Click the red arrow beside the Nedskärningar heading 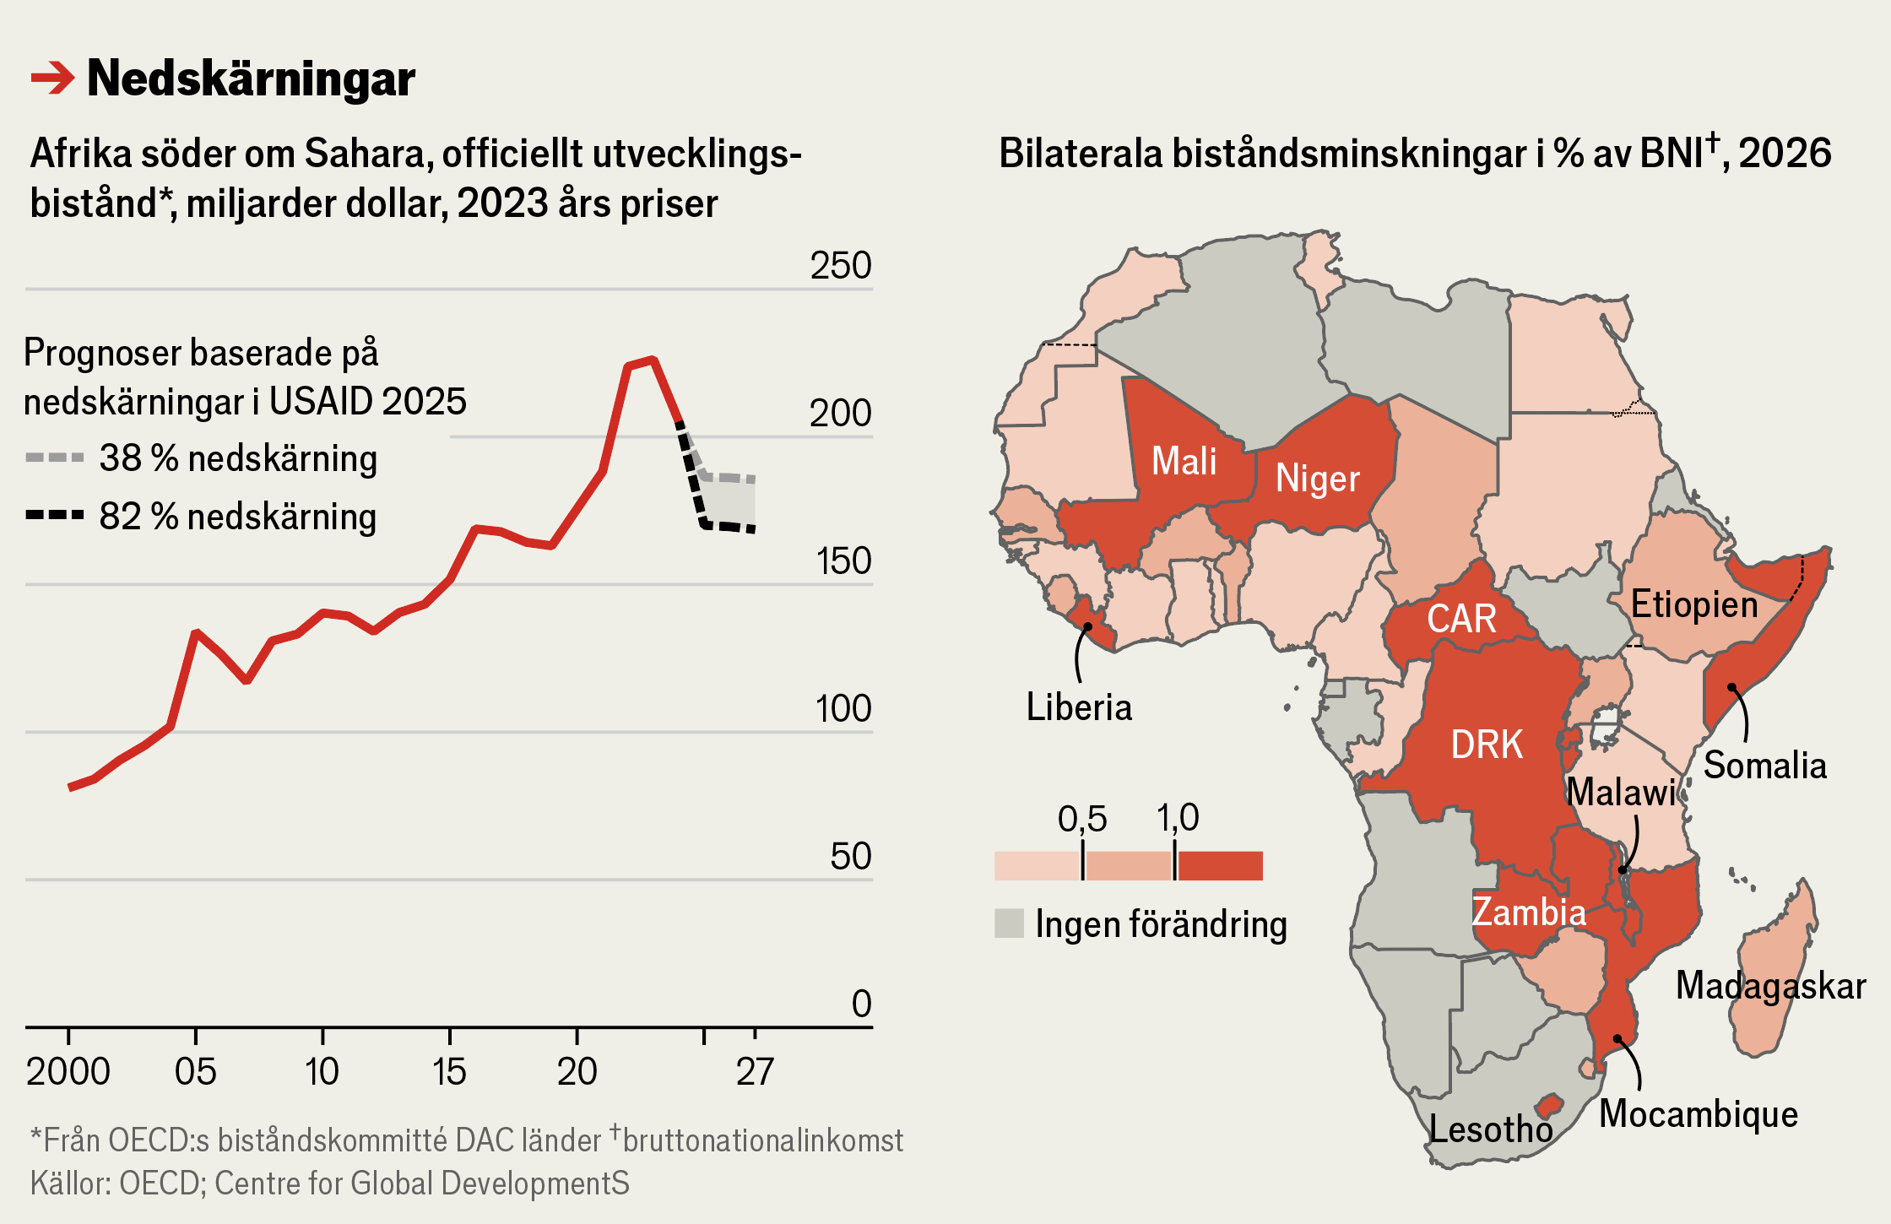(x=52, y=79)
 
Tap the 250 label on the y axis (x=840, y=266)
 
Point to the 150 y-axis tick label (x=843, y=561)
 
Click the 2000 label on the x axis (x=68, y=1072)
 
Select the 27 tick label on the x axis (x=754, y=1072)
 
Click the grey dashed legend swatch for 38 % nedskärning (x=55, y=458)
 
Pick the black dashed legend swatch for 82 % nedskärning (x=55, y=515)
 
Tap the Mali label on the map (x=1184, y=462)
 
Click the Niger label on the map (x=1317, y=479)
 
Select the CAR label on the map (x=1461, y=619)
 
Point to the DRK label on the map (x=1487, y=745)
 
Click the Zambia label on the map (x=1528, y=913)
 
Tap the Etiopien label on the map (x=1693, y=604)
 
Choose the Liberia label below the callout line (x=1079, y=707)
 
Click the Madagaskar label (x=1770, y=986)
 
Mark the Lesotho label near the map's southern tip (x=1491, y=1129)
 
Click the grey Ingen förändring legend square (x=1009, y=923)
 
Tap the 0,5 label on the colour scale (x=1081, y=819)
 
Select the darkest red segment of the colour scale (x=1220, y=866)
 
